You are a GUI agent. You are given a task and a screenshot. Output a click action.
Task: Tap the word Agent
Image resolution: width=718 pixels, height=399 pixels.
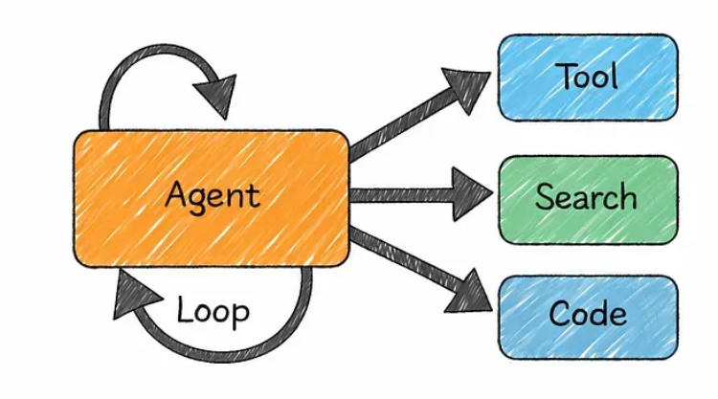tap(212, 196)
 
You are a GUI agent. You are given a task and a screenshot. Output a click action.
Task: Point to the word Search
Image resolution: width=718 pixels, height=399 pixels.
tap(586, 197)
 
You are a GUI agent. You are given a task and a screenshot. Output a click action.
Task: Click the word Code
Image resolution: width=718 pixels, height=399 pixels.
tap(586, 315)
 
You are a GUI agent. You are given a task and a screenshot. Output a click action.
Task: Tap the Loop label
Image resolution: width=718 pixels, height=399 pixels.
tap(213, 311)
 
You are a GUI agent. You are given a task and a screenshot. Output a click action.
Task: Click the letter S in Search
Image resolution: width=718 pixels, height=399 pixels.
tap(546, 197)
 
